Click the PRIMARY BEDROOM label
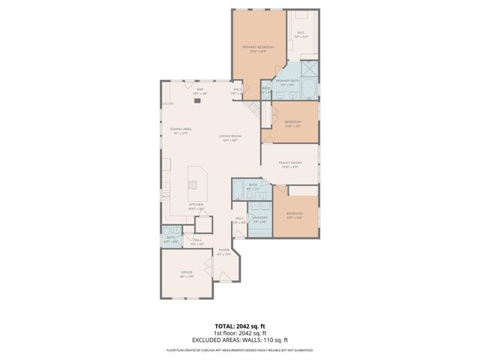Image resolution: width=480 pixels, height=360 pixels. coord(257,48)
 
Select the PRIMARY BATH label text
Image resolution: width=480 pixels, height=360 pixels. coord(287,82)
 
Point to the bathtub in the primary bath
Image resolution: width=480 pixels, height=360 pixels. coord(310,89)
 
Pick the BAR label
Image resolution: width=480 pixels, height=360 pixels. coord(199,91)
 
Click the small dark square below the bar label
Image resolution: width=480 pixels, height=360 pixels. coord(198,100)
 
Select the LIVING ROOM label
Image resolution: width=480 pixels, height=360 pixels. coord(229,137)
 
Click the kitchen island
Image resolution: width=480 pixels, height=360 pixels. coord(198,180)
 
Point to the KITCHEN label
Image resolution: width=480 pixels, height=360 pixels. coord(196,205)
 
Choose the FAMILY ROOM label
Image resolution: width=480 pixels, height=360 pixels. coord(289,163)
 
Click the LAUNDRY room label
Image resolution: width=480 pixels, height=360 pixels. coord(260,220)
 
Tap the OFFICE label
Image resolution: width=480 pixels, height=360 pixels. coord(187,274)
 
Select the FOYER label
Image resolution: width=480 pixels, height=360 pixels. coord(223,251)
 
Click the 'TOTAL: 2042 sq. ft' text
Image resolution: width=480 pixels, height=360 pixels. coord(239,326)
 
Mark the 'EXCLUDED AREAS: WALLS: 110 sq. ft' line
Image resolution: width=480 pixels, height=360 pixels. coord(239,340)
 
